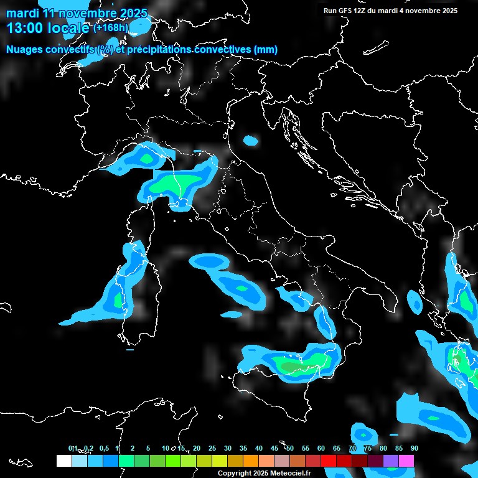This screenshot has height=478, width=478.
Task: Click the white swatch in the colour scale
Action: click(x=63, y=461)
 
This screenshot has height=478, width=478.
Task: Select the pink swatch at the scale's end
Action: click(x=406, y=461)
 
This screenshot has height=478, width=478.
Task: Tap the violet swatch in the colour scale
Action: click(x=391, y=461)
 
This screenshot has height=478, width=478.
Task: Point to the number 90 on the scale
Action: click(x=414, y=448)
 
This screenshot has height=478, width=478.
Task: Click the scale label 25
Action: click(x=212, y=448)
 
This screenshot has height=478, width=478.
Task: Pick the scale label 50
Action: click(x=290, y=448)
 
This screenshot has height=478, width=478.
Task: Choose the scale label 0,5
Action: click(x=103, y=448)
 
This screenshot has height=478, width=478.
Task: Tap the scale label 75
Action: click(x=368, y=448)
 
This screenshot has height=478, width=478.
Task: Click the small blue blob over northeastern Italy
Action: click(x=251, y=141)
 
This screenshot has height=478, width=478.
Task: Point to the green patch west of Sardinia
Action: click(x=118, y=299)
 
